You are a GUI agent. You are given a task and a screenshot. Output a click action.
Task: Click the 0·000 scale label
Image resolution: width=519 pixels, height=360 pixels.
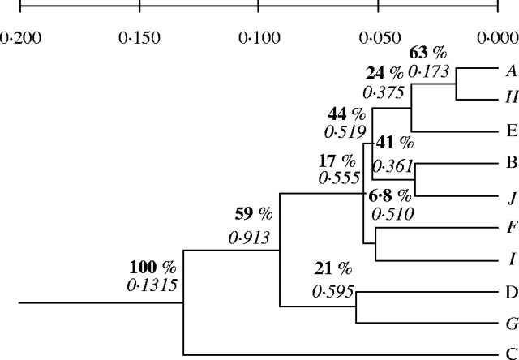(496, 37)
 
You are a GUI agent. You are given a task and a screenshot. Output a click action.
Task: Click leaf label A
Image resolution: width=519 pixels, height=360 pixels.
(511, 70)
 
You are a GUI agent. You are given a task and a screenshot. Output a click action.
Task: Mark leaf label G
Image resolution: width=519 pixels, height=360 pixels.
(511, 322)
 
